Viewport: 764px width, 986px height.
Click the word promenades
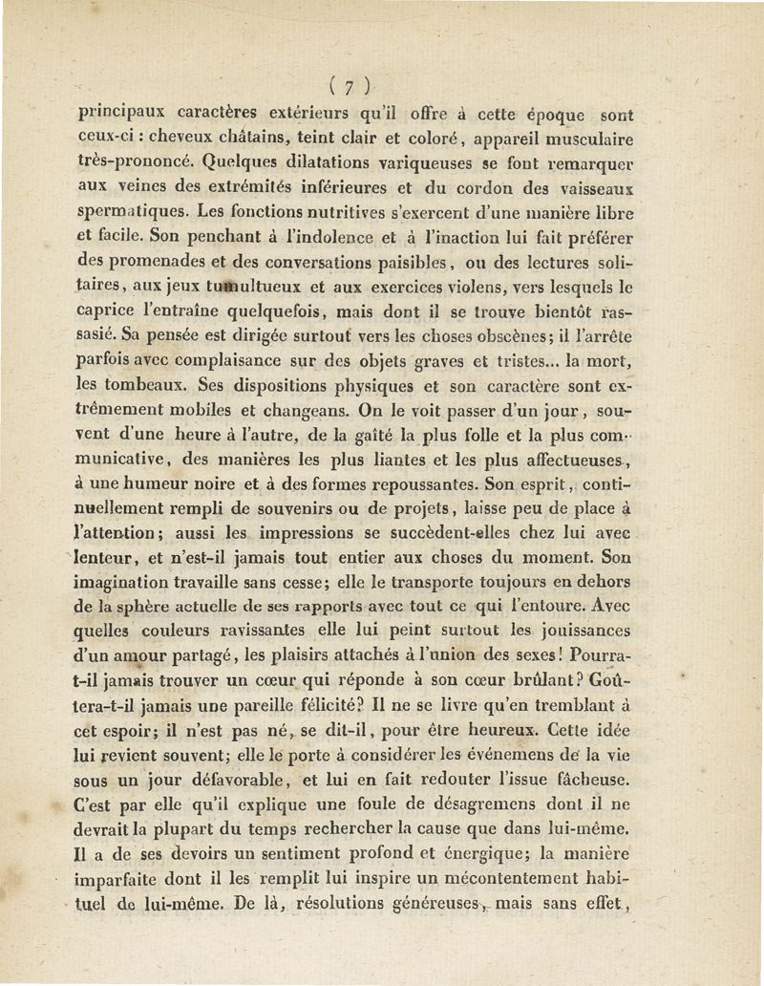point(161,260)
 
